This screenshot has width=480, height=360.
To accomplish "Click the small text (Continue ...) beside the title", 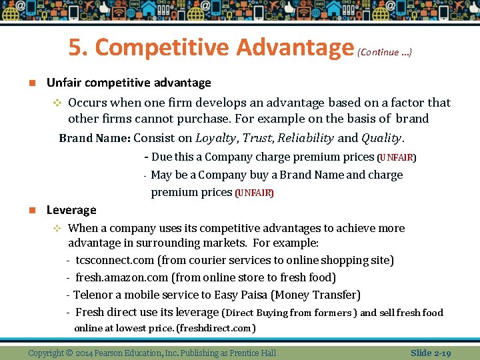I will coord(385,52).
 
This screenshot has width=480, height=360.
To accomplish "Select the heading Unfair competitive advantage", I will coord(129,83).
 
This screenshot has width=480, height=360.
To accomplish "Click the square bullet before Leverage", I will coord(31,210).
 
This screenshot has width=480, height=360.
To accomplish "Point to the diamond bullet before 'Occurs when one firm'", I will coord(57,103).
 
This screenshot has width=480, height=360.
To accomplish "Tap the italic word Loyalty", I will coord(215,138).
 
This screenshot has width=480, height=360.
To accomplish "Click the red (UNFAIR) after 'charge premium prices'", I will coord(397,158).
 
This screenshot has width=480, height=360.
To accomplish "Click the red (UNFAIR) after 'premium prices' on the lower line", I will coord(254,193).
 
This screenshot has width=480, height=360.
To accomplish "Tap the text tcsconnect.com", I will coord(115,260).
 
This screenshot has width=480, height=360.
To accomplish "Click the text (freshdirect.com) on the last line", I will coord(215,328).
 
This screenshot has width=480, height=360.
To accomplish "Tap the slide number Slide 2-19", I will coord(431,353).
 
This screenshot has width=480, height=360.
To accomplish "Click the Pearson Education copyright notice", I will coord(152,353).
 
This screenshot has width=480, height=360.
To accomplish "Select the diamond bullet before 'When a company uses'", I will coord(57,228).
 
